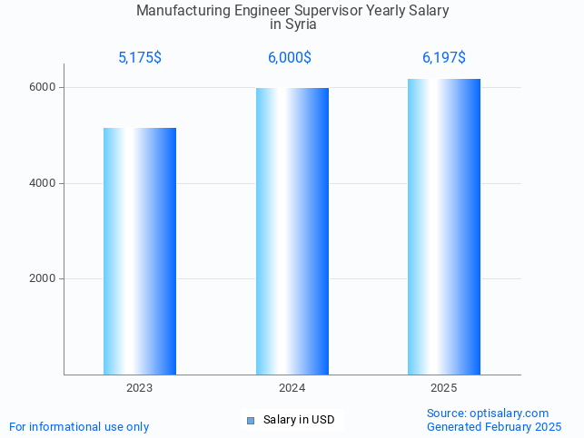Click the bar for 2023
tap(140, 251)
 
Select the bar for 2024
tap(292, 231)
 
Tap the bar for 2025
tap(444, 227)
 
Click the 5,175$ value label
tap(140, 58)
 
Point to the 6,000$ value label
tap(290, 58)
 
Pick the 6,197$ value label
tap(444, 58)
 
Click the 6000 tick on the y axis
tap(45, 88)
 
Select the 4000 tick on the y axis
tap(45, 183)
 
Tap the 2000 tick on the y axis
tap(45, 279)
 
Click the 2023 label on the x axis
tap(140, 388)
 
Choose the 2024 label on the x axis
tap(292, 388)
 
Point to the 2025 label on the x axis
tap(444, 388)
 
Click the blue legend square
tap(251, 420)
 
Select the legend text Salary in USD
tap(299, 420)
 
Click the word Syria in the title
tap(302, 24)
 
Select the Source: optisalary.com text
tap(488, 414)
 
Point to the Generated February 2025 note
tap(494, 426)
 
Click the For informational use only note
tap(79, 426)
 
